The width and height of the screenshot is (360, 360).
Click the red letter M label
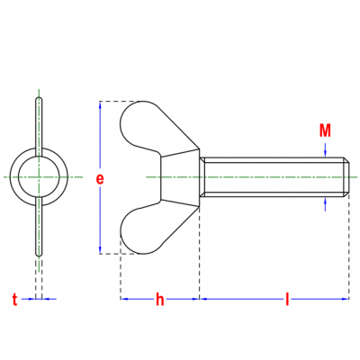[x=325, y=130]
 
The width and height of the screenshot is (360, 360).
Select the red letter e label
[x=100, y=179]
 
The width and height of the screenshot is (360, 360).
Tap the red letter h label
[x=160, y=299]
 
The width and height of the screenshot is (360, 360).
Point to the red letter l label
[x=287, y=299]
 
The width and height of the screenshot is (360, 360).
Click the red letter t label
[x=15, y=300]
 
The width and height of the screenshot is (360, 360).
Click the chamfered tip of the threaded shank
[x=346, y=177]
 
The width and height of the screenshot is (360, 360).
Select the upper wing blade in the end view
[x=39, y=126]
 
